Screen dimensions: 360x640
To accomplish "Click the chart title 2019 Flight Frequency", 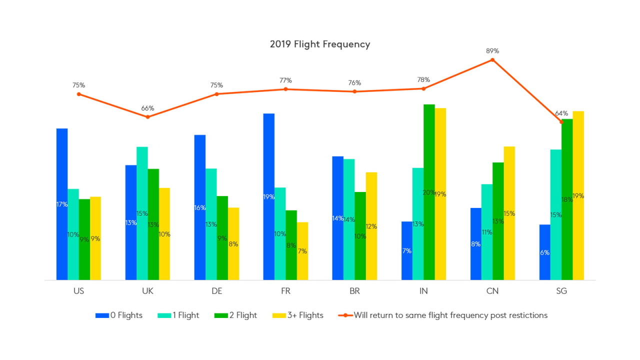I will click(x=320, y=44).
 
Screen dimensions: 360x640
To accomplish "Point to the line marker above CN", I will click(x=492, y=60).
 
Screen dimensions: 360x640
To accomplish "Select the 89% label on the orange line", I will click(x=492, y=50).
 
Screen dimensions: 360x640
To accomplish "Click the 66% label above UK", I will click(x=147, y=108).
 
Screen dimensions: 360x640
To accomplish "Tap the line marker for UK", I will click(x=147, y=117).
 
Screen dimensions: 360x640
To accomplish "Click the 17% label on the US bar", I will click(x=62, y=204).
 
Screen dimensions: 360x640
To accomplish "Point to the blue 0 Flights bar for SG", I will click(x=544, y=252).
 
